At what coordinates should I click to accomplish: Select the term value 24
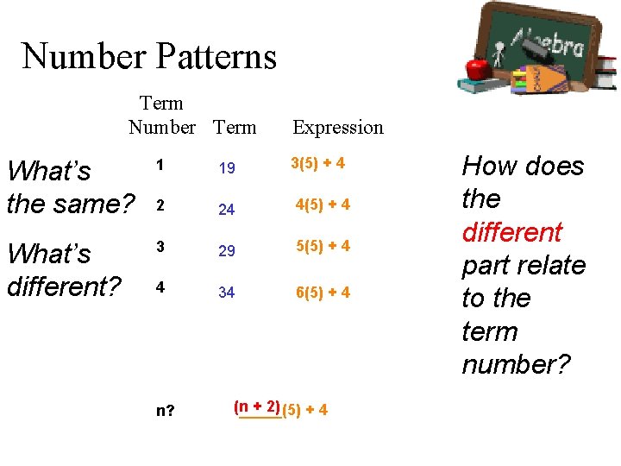coord(227,209)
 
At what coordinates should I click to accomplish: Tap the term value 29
coord(227,250)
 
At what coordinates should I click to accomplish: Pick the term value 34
coord(227,293)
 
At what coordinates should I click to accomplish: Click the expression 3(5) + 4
coord(318,163)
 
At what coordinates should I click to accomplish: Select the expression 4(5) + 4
coord(323,205)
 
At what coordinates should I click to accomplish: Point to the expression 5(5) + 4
coord(323,246)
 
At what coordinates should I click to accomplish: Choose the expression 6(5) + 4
coord(323,292)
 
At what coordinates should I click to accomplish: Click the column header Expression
coord(338,128)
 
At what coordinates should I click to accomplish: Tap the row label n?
coord(166,410)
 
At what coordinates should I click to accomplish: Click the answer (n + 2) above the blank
coord(256,406)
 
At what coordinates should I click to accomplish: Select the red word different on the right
coord(512,232)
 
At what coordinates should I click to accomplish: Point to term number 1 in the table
coord(160,164)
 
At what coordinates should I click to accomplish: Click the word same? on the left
coord(94,205)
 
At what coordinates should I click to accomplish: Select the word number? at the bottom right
coord(516,364)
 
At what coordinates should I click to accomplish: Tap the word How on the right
coord(488,166)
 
